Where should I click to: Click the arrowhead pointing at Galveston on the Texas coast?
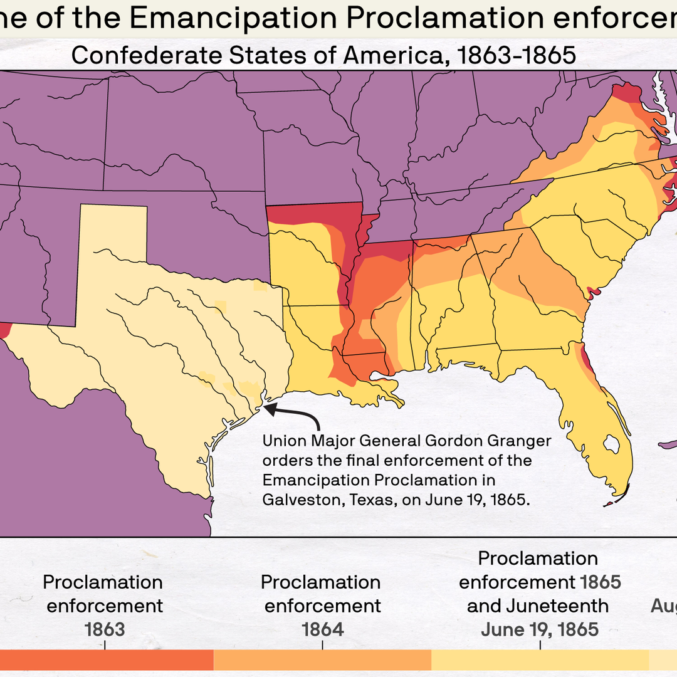pos(268,409)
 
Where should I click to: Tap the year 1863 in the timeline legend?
pos(105,629)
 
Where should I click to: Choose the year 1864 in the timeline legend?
pos(322,629)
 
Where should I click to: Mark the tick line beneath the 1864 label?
pos(322,644)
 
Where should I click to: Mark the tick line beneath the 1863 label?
pos(105,644)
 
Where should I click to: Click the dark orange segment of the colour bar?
pos(107,661)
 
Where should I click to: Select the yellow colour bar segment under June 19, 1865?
pos(539,661)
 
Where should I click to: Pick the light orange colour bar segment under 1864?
pos(322,661)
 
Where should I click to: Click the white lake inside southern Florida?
pos(607,445)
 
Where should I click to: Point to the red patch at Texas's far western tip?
pos(4,330)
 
